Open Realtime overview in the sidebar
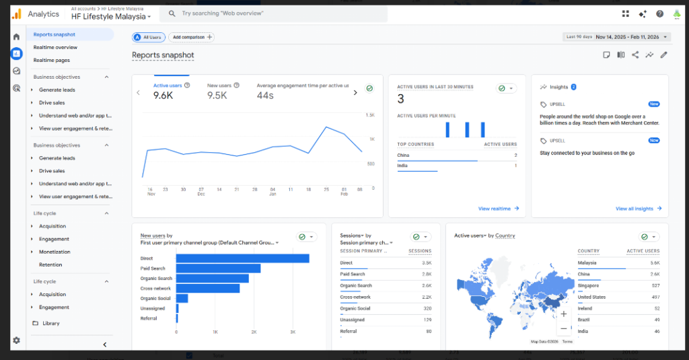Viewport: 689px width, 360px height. coord(55,47)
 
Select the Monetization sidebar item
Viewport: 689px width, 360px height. coord(55,252)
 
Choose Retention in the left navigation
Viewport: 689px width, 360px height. coord(50,264)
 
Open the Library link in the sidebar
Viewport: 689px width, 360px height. coord(50,323)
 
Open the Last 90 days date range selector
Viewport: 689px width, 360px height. coord(616,37)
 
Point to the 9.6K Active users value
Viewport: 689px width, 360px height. coord(164,96)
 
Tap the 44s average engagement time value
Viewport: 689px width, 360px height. coord(265,96)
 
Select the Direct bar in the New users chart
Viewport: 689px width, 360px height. coord(242,258)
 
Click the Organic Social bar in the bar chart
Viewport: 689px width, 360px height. coord(182,298)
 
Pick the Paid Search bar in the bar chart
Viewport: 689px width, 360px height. coord(218,268)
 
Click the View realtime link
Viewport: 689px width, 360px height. coord(499,209)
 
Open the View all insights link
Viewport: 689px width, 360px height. coord(638,209)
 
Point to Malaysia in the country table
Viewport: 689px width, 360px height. coord(587,262)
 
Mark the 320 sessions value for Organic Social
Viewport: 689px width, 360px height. coord(426,308)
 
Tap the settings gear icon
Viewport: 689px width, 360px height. coord(16,340)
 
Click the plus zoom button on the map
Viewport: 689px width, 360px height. coord(563,314)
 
